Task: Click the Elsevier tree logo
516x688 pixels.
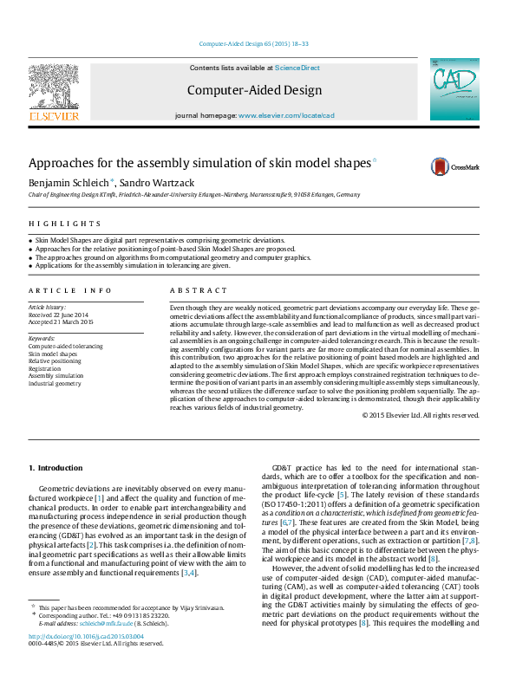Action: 54,90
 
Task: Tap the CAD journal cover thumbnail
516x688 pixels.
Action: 454,89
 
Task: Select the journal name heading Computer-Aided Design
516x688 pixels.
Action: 254,90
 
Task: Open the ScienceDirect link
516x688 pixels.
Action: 297,68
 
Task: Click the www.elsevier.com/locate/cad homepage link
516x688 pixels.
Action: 286,115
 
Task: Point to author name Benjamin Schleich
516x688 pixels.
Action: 69,183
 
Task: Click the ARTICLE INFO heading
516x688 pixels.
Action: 70,291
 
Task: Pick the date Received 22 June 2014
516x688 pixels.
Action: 59,315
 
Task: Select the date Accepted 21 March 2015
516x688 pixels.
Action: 61,322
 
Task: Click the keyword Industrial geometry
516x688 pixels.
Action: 55,382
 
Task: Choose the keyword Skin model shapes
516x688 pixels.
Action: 53,354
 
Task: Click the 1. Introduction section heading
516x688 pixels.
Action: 56,469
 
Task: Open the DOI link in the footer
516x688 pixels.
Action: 86,661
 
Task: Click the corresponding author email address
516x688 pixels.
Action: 102,647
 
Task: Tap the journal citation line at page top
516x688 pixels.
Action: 254,43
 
